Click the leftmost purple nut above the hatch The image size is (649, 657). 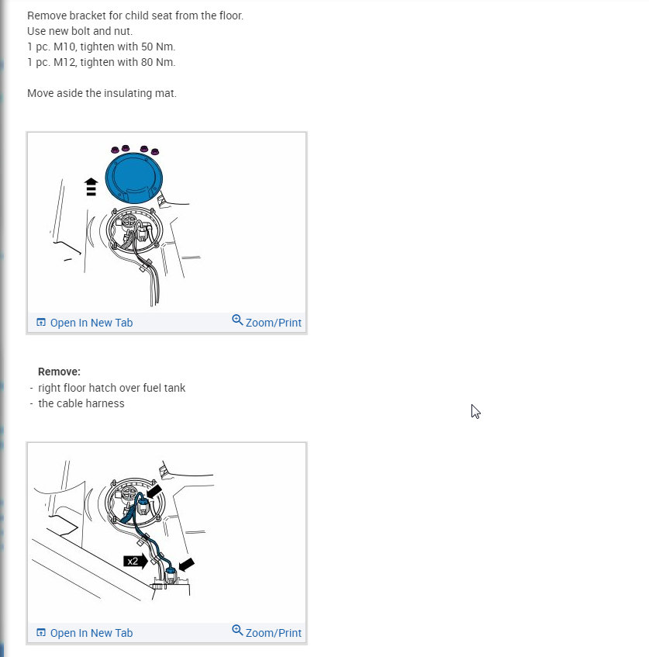click(x=115, y=149)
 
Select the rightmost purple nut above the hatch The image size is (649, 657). click(x=155, y=151)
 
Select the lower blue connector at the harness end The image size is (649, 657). click(x=170, y=574)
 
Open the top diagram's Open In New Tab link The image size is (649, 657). click(x=91, y=323)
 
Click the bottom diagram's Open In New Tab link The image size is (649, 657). click(x=91, y=633)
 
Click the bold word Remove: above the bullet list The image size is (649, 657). click(x=59, y=372)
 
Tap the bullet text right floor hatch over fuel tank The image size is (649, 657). click(x=112, y=388)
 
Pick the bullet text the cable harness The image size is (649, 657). click(x=81, y=403)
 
